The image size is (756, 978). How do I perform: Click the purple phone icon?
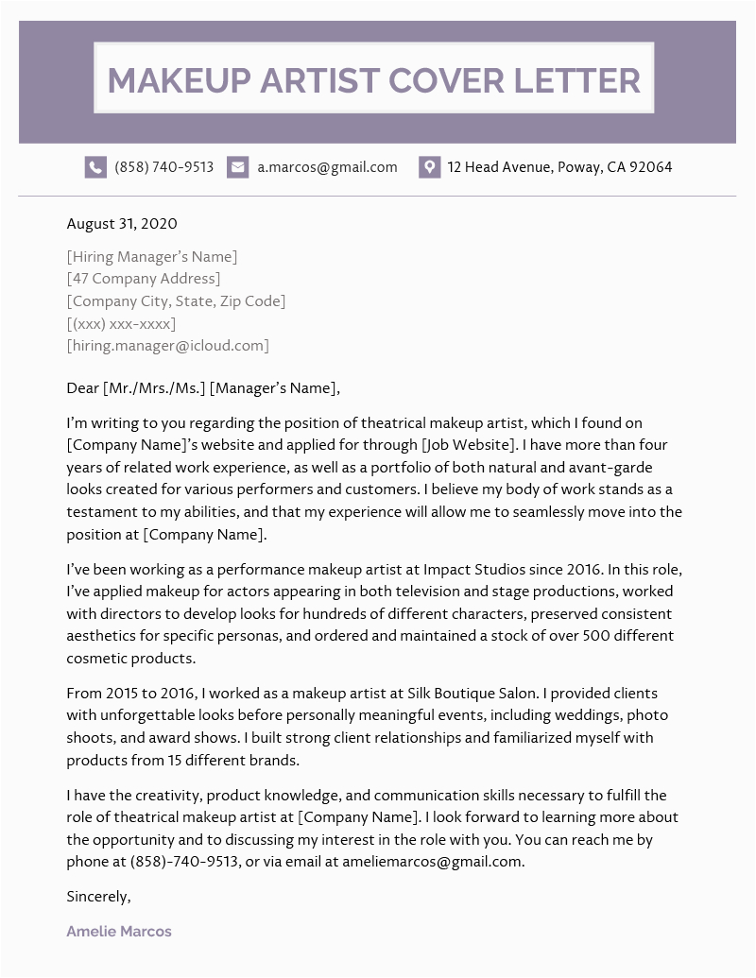(x=95, y=167)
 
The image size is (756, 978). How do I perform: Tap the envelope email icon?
(x=238, y=167)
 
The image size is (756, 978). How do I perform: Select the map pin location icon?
(x=429, y=167)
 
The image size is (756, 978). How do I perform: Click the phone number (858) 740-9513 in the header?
(x=163, y=167)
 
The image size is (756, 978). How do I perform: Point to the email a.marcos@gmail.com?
(x=327, y=167)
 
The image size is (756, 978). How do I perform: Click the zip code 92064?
(x=651, y=167)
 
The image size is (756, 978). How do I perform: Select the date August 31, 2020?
(x=122, y=224)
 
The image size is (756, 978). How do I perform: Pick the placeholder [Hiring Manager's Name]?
(x=152, y=256)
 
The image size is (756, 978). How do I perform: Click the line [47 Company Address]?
(x=144, y=279)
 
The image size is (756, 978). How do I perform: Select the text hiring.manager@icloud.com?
(x=168, y=345)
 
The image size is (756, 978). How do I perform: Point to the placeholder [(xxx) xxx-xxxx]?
(x=121, y=323)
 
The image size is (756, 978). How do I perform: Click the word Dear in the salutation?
(x=82, y=387)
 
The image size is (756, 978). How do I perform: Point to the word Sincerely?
(x=98, y=896)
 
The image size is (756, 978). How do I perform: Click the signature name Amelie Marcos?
(x=119, y=931)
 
